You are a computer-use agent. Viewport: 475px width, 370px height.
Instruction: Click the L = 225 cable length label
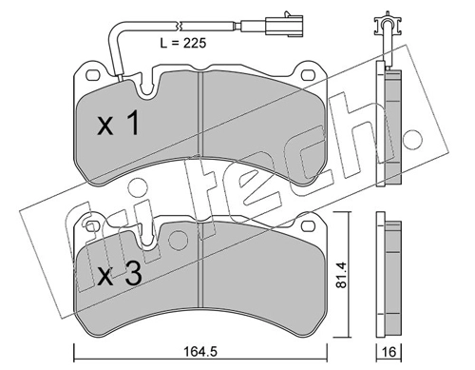point(183,43)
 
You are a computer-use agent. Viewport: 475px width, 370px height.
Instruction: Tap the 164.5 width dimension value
point(200,351)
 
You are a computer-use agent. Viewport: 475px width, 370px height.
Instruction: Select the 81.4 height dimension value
point(341,275)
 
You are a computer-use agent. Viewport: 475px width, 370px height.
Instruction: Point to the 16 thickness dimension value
point(389,352)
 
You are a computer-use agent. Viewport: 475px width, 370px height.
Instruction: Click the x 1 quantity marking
point(118,124)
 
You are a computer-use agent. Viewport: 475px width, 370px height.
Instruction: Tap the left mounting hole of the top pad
point(92,75)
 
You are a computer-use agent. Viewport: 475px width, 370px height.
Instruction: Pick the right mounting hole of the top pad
point(307,75)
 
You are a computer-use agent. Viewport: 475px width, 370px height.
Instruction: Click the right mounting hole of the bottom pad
point(307,226)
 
